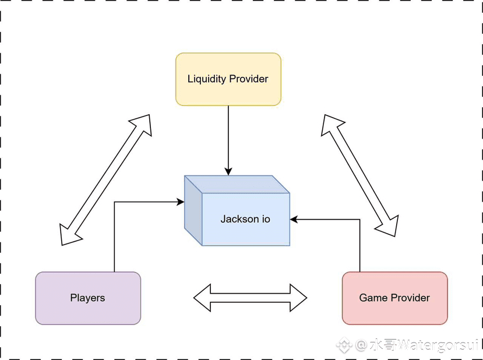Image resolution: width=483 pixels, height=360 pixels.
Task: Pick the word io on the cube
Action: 266,219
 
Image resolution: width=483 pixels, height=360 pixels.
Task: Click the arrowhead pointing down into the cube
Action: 228,171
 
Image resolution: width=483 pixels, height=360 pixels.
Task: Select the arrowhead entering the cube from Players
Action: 180,202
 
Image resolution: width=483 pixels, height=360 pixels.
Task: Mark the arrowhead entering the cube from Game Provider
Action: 294,219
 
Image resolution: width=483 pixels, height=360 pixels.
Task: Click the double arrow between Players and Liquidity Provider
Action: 105,179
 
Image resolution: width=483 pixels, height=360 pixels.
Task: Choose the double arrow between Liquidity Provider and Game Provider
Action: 360,175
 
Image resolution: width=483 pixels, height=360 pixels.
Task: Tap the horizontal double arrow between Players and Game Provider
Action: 250,298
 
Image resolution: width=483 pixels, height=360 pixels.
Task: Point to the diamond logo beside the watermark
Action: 344,345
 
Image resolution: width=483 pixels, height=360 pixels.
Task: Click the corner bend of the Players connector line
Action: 115,202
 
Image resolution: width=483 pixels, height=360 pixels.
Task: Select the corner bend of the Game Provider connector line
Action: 360,219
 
